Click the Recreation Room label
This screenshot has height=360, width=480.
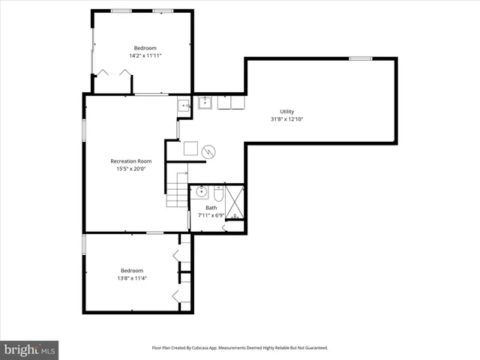[x=130, y=161]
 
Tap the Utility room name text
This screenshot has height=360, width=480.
[x=287, y=112]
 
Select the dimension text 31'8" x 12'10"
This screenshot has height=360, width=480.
[x=287, y=119]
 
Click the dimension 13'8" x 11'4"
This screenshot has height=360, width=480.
[x=132, y=278]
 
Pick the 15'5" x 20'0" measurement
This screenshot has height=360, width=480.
[x=130, y=169]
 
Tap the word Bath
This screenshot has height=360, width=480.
[x=211, y=208]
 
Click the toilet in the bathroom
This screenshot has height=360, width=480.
[x=218, y=192]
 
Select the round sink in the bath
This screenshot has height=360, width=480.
[x=202, y=192]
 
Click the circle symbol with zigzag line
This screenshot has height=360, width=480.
[x=208, y=151]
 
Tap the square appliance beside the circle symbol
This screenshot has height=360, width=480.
[x=190, y=148]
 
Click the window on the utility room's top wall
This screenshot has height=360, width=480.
[x=360, y=58]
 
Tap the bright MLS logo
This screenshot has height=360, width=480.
[x=30, y=349]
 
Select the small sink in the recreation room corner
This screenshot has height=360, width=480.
[x=184, y=106]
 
